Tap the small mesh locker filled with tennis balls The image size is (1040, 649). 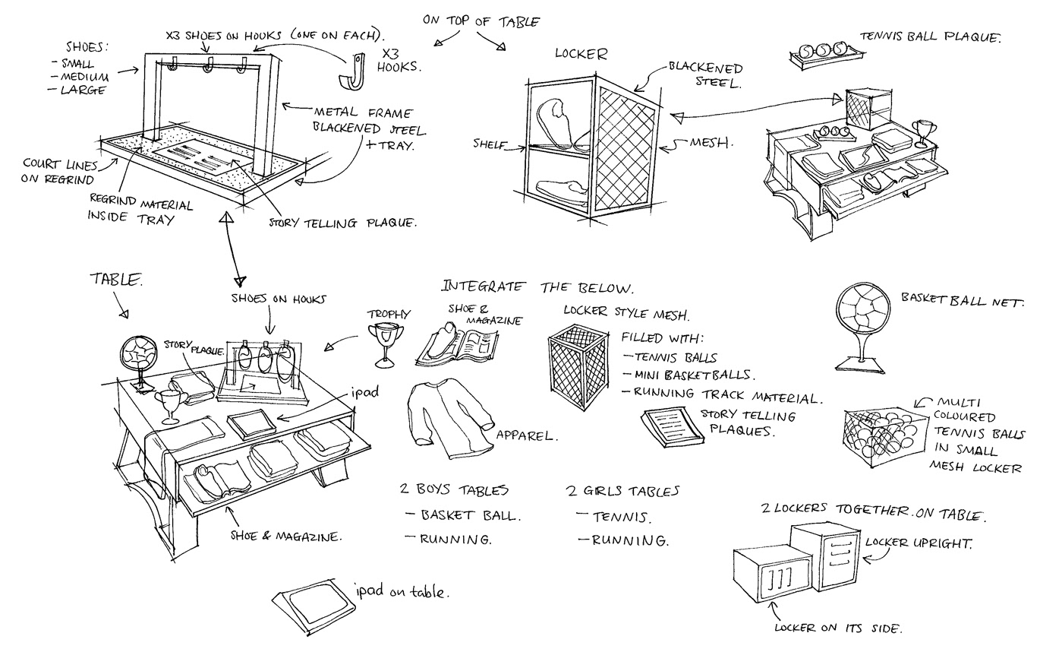[x=882, y=435]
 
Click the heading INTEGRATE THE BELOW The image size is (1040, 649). [x=537, y=287]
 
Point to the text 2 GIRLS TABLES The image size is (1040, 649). [x=622, y=491]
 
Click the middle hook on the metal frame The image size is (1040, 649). [x=206, y=71]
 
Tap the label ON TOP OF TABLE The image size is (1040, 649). [x=481, y=23]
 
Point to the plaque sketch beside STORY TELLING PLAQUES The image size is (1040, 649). [x=670, y=427]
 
